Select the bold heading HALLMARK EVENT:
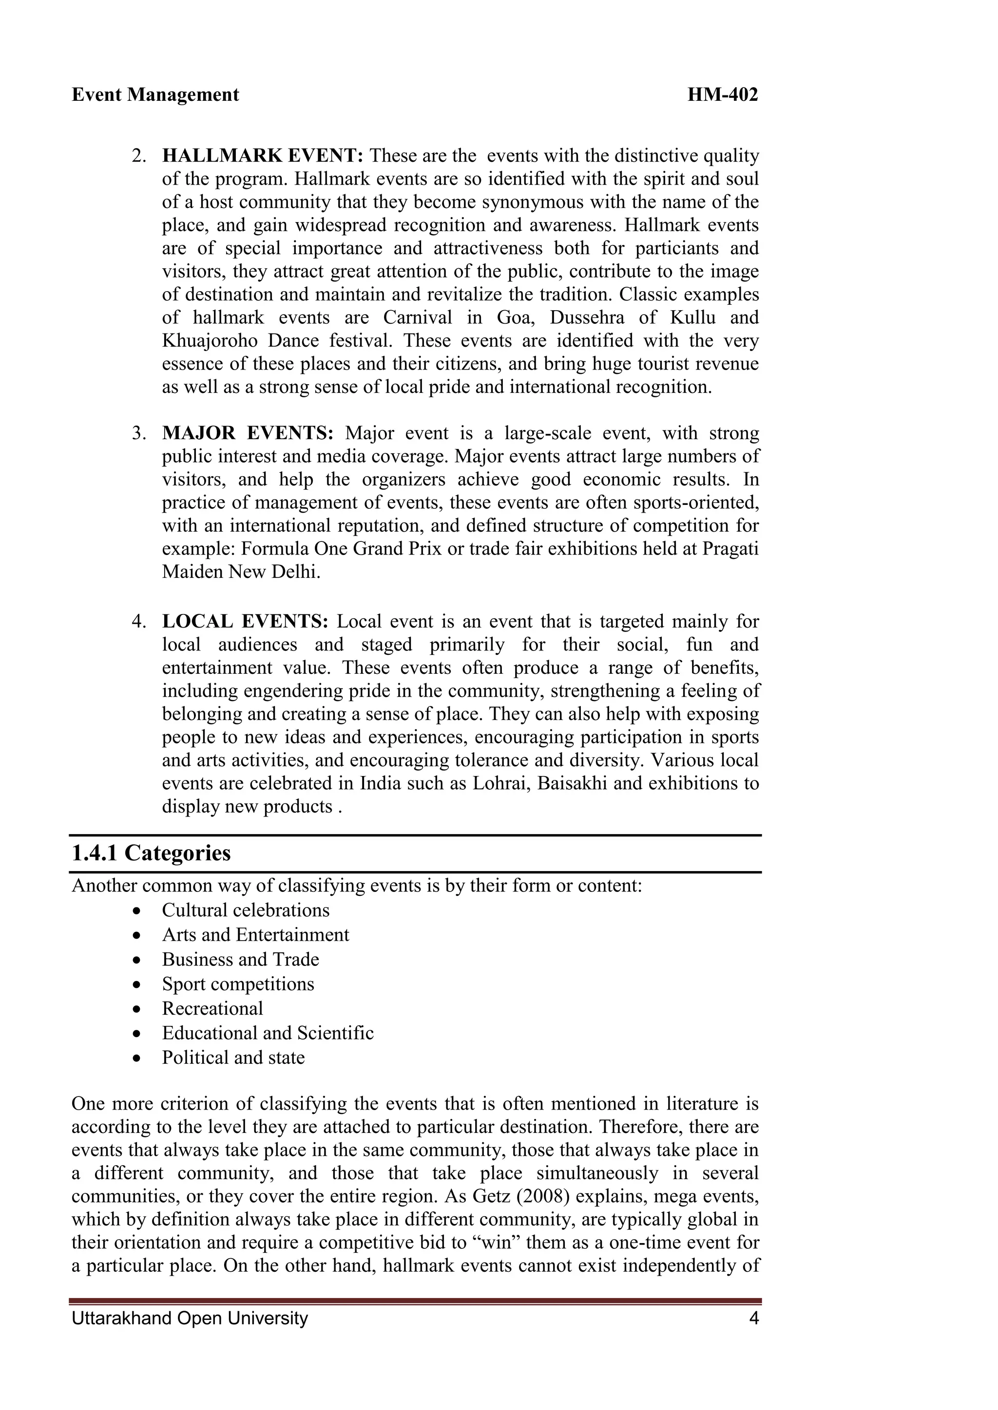click(263, 156)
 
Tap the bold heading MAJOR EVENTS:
click(248, 433)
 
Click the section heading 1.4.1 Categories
click(151, 853)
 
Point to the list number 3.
click(138, 433)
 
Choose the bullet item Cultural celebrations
click(246, 910)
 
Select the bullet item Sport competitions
click(238, 984)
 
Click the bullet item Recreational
click(212, 1008)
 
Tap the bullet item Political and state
click(233, 1057)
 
